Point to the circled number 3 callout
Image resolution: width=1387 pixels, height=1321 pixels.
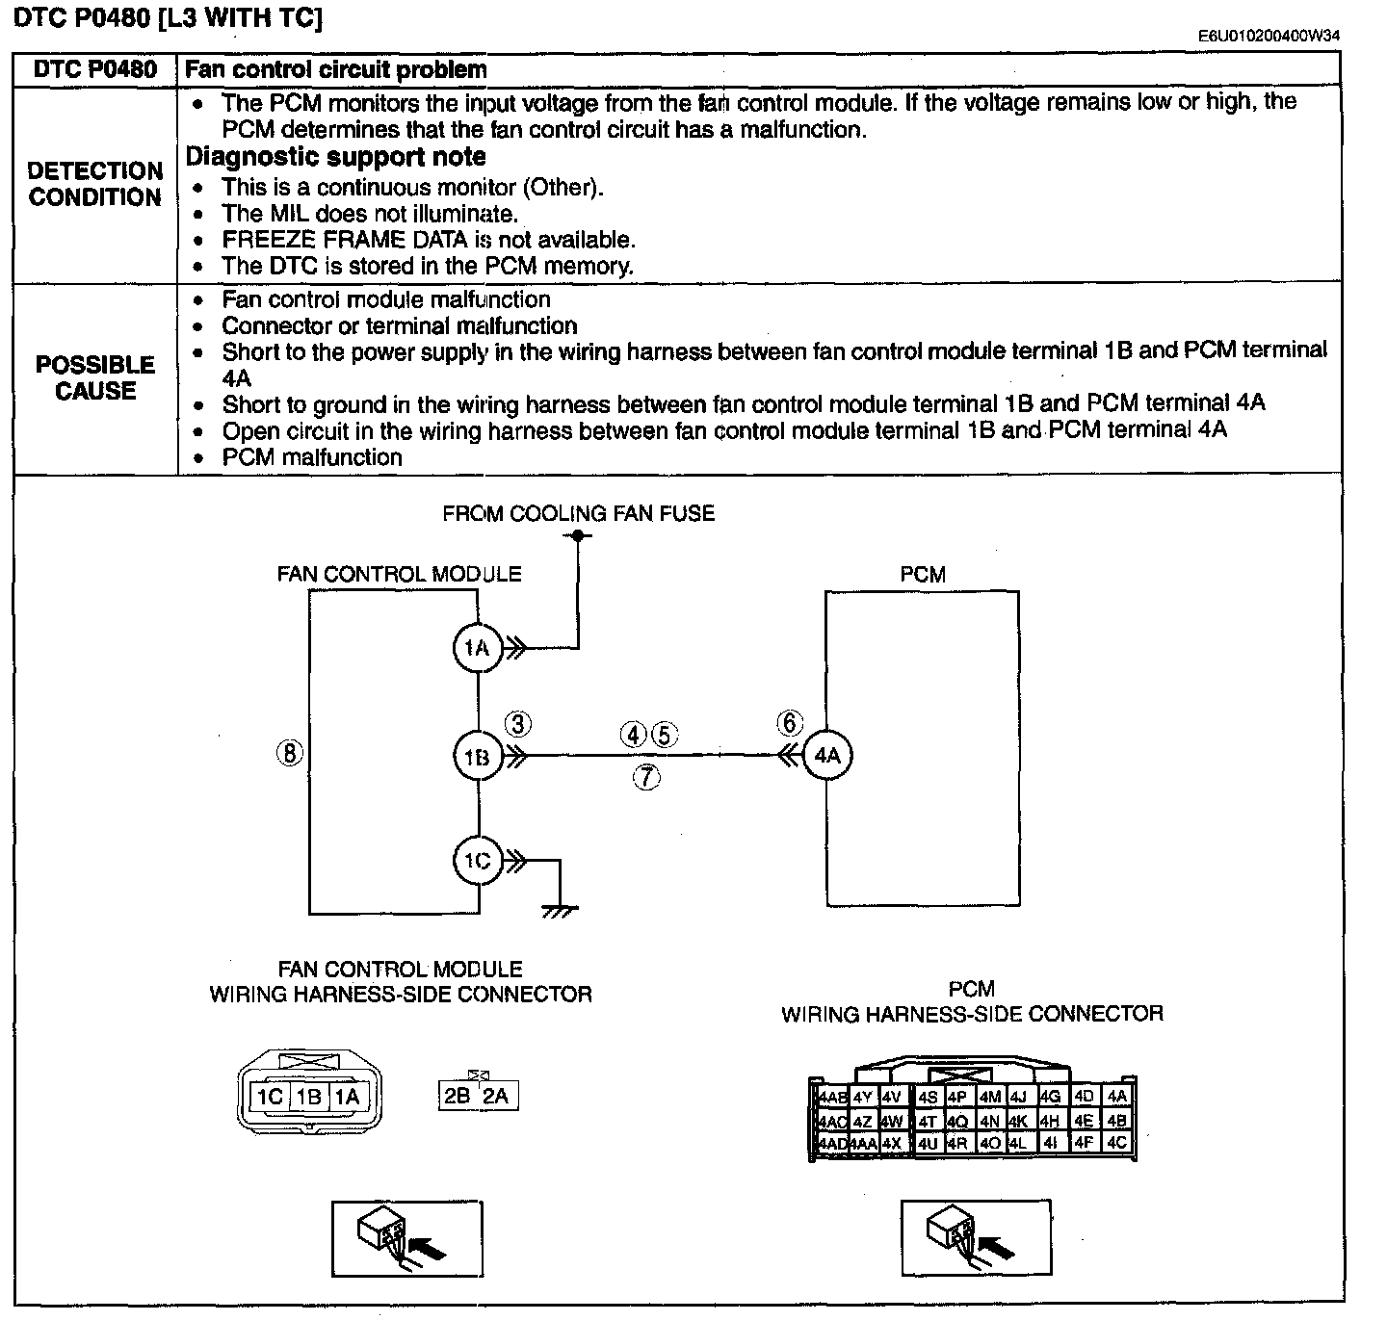[518, 724]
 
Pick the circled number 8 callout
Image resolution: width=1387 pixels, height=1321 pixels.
[289, 753]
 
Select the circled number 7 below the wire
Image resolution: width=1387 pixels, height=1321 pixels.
[646, 777]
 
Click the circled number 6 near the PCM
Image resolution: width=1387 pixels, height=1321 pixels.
[790, 722]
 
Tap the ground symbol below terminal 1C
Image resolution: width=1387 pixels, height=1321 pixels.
[560, 911]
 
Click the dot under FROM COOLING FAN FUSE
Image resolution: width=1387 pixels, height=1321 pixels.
[578, 535]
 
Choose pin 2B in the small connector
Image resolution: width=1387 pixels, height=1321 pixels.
[458, 1096]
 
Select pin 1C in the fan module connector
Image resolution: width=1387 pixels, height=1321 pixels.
[270, 1097]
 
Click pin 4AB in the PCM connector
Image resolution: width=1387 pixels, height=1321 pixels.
[832, 1098]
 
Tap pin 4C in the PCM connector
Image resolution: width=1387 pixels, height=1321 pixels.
[1116, 1142]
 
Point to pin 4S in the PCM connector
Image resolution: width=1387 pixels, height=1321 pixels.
[928, 1098]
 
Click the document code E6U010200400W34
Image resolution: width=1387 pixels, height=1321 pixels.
[1269, 36]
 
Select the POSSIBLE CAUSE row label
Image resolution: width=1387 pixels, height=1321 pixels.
[95, 377]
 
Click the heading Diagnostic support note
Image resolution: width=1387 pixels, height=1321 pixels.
[336, 157]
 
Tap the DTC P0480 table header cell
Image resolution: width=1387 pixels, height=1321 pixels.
[95, 69]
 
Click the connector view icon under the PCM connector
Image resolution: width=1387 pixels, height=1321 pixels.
[977, 1238]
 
